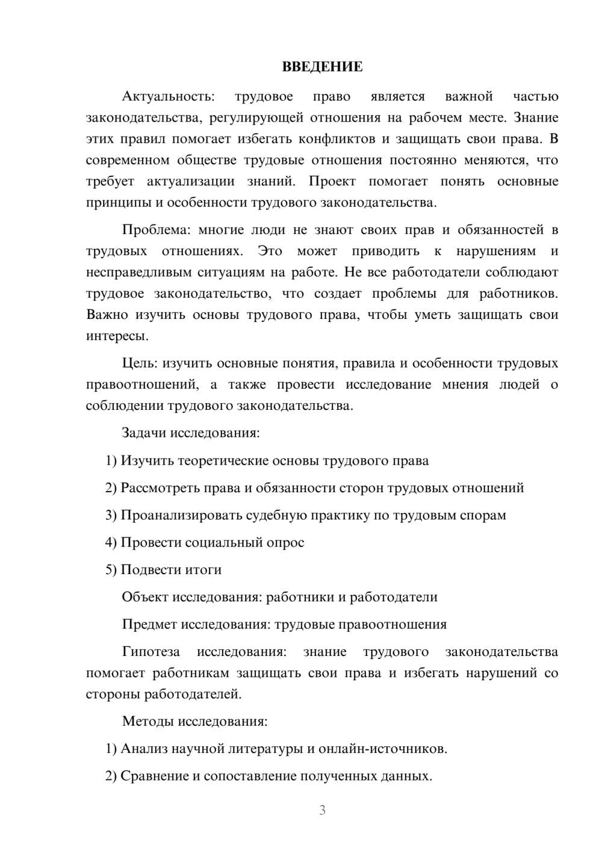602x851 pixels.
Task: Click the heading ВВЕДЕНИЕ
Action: (322, 67)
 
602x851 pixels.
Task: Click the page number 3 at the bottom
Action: (322, 810)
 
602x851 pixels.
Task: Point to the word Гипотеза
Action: (150, 652)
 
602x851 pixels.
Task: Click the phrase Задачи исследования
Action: (190, 433)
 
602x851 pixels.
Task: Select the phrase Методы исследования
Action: (194, 721)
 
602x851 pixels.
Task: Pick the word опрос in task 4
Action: (285, 543)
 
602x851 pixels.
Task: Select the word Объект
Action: (145, 597)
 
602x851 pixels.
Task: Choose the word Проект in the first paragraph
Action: (332, 181)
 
